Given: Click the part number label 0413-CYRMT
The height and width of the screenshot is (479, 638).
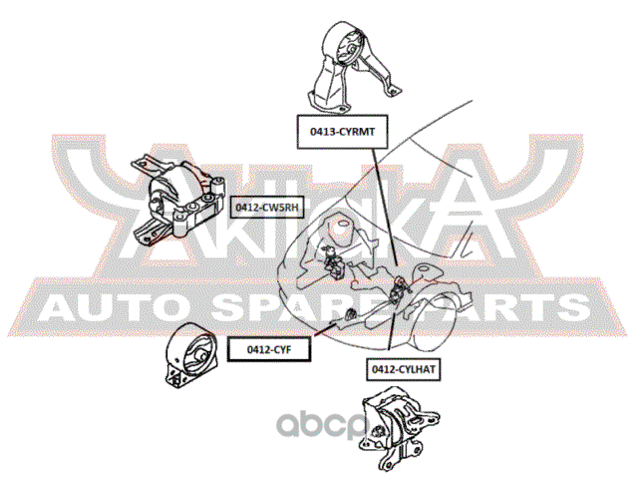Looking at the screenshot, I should click(334, 130).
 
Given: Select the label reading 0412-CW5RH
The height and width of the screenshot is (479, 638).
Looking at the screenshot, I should click(263, 208).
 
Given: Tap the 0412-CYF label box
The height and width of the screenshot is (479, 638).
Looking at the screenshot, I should click(268, 349).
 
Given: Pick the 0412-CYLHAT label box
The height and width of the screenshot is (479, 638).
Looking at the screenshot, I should click(405, 368).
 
